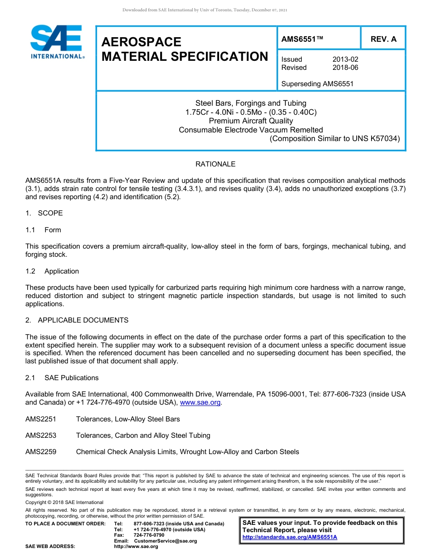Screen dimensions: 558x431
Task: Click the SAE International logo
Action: pos(57,42)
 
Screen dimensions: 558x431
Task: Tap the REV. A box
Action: pos(383,39)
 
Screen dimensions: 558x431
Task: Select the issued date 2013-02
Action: pos(345,59)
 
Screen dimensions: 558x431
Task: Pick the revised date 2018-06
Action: pos(345,68)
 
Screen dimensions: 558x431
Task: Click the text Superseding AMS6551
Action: pos(317,83)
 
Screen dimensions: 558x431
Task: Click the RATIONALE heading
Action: pos(215,164)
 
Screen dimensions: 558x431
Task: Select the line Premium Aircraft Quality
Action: pos(250,121)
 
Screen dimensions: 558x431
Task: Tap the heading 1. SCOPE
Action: pos(44,213)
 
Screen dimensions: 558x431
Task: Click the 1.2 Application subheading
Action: pos(53,271)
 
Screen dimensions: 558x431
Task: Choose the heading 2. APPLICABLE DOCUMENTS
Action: pos(77,320)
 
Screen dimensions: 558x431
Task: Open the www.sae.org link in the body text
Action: pos(200,403)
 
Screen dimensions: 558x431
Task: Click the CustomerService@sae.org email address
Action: pos(166,541)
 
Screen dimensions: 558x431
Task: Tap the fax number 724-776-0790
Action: pos(149,535)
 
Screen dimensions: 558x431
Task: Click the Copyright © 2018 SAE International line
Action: pos(64,502)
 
